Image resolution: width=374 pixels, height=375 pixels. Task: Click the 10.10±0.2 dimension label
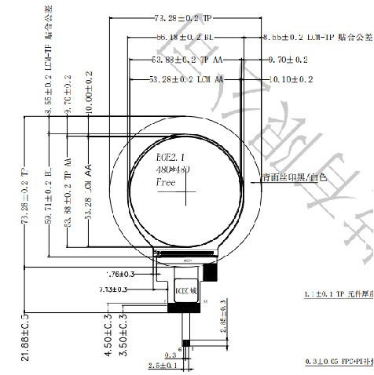tap(291, 79)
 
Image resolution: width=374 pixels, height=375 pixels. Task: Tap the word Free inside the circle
tap(166, 182)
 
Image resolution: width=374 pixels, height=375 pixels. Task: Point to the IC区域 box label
tap(185, 288)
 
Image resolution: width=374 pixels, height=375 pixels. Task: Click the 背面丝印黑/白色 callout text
tap(294, 178)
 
